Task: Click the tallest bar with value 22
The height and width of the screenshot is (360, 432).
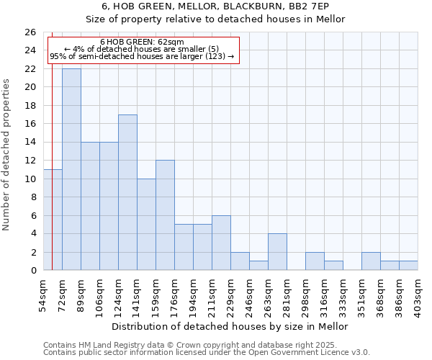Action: pyautogui.click(x=71, y=169)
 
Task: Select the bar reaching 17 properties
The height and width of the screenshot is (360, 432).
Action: pyautogui.click(x=127, y=192)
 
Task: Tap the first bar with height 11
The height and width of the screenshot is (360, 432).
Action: pyautogui.click(x=53, y=220)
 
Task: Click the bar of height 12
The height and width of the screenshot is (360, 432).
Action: pyautogui.click(x=165, y=215)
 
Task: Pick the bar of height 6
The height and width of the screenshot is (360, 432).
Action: pyautogui.click(x=221, y=243)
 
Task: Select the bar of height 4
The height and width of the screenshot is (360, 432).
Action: pyautogui.click(x=277, y=252)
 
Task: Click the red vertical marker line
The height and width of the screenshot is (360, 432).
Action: pyautogui.click(x=52, y=180)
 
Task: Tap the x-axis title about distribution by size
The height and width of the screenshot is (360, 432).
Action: pyautogui.click(x=230, y=326)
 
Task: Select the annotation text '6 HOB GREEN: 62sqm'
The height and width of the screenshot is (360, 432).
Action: pyautogui.click(x=142, y=42)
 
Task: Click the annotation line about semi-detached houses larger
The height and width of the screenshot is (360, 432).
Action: pyautogui.click(x=142, y=56)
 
